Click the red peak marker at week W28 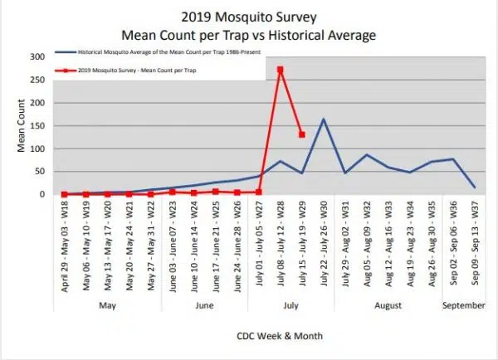(281, 70)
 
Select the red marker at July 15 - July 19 (302, 134)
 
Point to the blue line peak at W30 (324, 119)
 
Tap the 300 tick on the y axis (36, 57)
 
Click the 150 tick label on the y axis (36, 126)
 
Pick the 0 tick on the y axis (41, 195)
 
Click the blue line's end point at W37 (475, 187)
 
